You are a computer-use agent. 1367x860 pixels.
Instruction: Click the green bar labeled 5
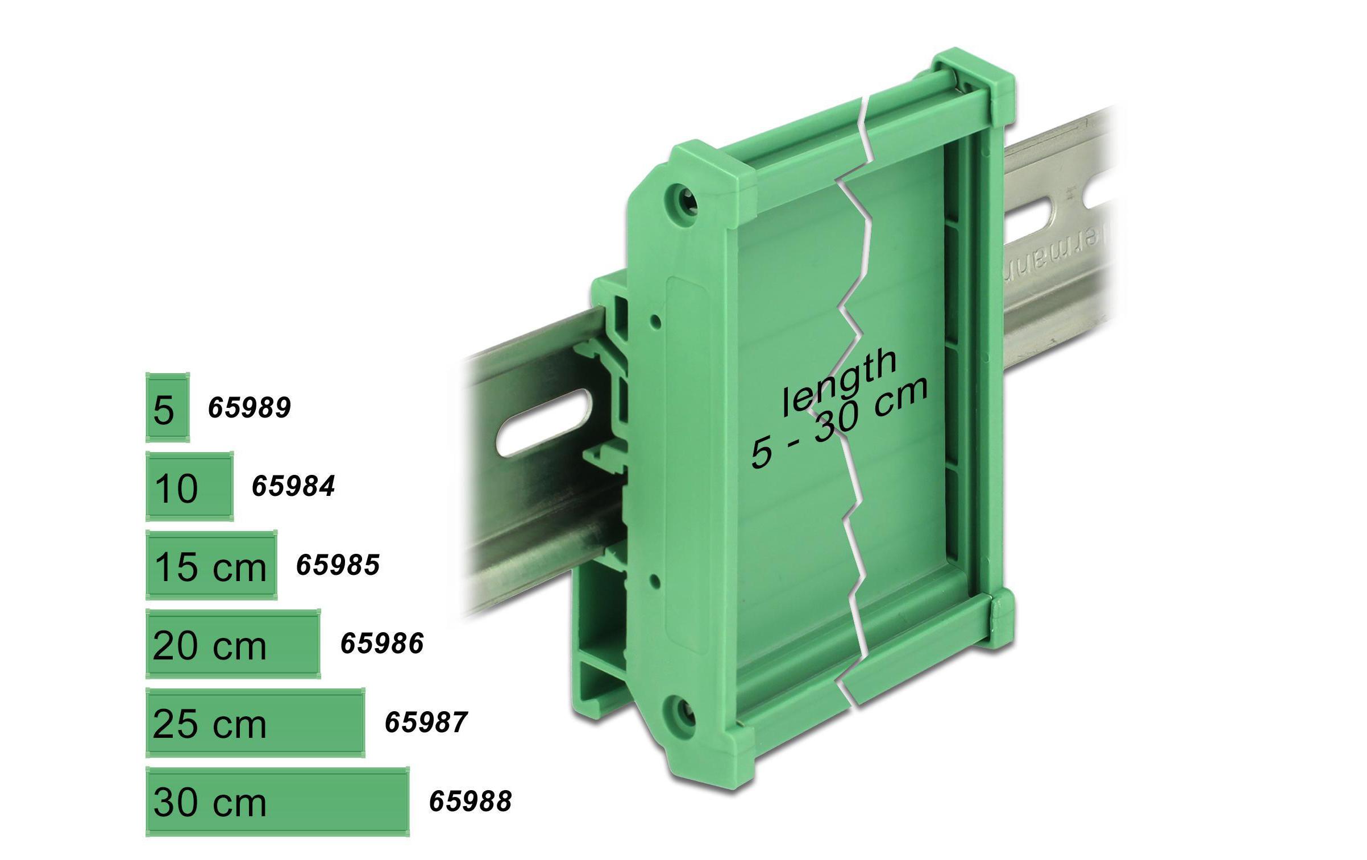point(167,407)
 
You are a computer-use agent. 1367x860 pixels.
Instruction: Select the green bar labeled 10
point(189,486)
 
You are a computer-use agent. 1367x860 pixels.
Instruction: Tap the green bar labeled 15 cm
point(211,565)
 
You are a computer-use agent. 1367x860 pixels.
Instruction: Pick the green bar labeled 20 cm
point(233,644)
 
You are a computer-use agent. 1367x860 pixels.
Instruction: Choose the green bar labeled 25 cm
point(255,723)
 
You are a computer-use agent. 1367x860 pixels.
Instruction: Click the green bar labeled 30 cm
point(277,801)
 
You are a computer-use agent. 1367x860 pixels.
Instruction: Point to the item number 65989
point(249,407)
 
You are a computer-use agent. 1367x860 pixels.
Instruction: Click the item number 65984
point(293,486)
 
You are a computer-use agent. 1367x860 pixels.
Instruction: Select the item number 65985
point(338,565)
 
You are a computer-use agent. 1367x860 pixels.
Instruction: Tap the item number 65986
point(382,644)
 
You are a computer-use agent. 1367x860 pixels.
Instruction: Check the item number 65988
point(471,801)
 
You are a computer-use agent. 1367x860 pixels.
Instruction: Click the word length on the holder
point(839,382)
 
